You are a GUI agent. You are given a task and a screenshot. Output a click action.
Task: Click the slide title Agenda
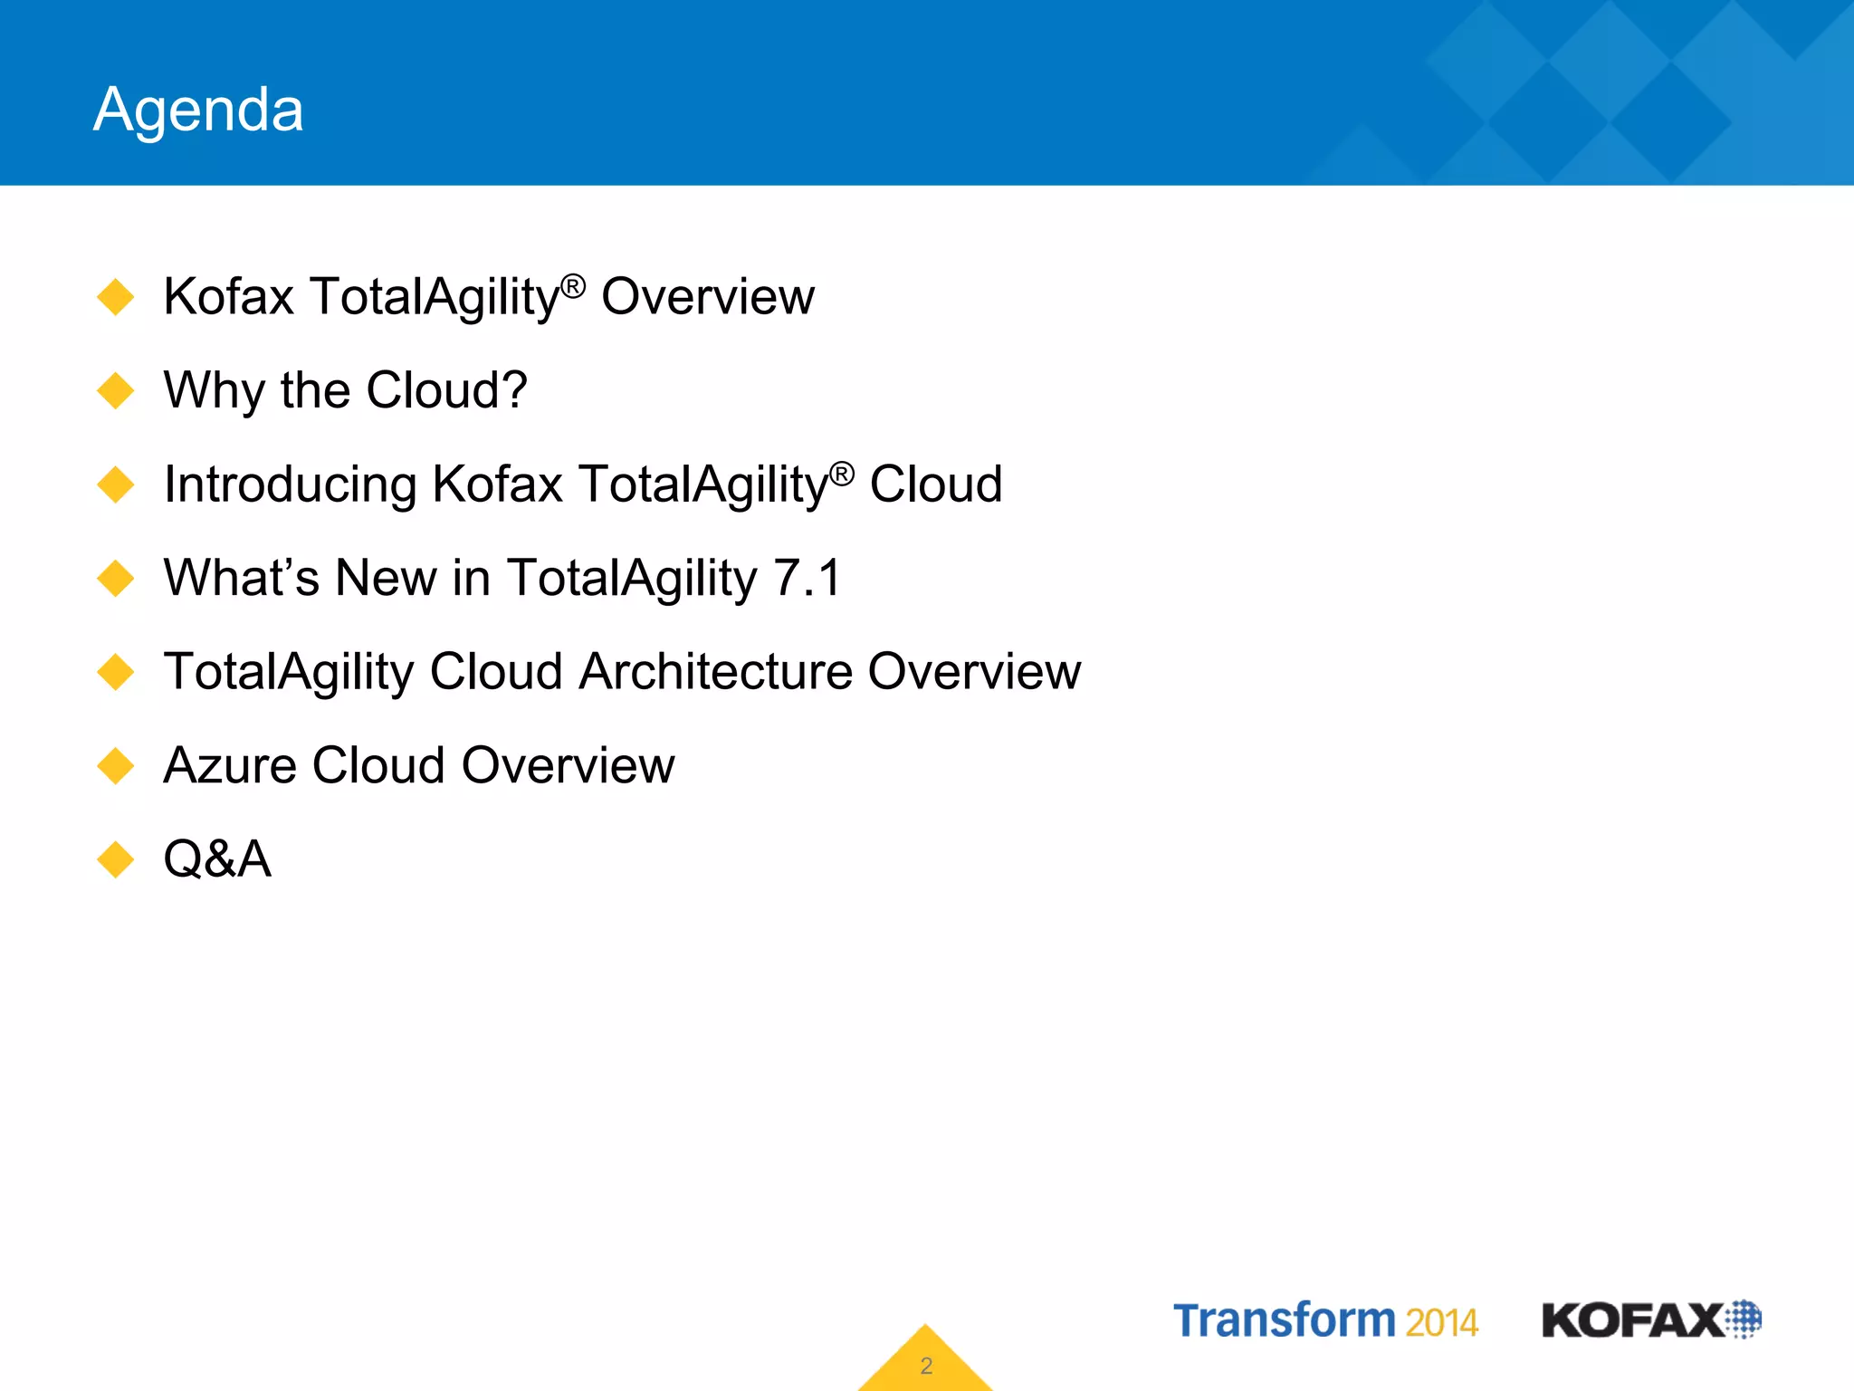coord(198,110)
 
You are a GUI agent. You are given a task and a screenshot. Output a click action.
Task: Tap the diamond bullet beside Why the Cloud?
coord(116,391)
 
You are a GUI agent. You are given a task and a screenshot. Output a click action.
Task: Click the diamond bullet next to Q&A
coord(116,859)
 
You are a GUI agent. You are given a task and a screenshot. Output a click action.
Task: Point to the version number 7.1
coord(808,578)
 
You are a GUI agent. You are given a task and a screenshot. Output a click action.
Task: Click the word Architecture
coord(715,672)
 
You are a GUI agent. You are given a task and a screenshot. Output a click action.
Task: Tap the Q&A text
coord(217,859)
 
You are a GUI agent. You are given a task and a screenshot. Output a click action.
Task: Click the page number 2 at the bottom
coord(926,1366)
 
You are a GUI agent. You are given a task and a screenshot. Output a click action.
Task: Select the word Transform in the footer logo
coord(1285,1320)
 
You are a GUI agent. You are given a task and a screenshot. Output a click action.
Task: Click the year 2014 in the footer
coord(1441,1323)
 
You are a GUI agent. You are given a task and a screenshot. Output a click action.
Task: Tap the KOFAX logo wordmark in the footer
coord(1632,1320)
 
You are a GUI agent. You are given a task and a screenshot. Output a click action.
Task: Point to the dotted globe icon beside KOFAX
coord(1744,1319)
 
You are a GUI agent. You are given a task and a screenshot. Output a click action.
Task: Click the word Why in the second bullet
coord(214,391)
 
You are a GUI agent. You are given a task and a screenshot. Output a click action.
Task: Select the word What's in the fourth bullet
coord(241,578)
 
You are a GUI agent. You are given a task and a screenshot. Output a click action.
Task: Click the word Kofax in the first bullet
coord(228,297)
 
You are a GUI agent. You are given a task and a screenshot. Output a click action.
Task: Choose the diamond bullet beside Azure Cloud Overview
coord(116,766)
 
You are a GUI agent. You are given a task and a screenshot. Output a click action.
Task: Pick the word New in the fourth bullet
coord(386,578)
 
